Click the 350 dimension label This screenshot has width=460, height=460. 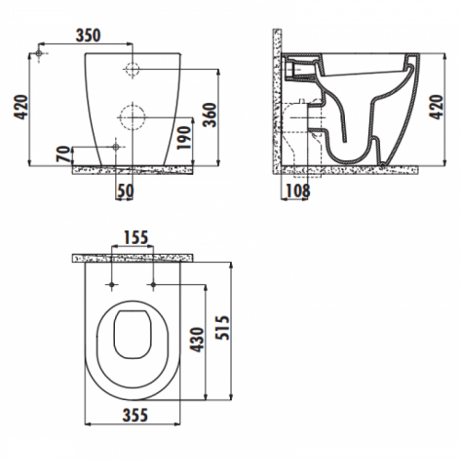[88, 36]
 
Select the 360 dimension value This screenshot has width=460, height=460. [211, 115]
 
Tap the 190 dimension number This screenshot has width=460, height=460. [184, 137]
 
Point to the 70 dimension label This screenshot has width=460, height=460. [63, 155]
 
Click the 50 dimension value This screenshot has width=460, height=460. [126, 190]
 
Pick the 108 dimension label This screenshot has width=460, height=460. [298, 190]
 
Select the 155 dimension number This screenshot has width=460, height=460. [136, 237]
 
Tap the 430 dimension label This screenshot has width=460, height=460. [197, 339]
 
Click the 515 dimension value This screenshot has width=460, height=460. [223, 328]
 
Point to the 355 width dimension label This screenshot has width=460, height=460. [135, 416]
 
